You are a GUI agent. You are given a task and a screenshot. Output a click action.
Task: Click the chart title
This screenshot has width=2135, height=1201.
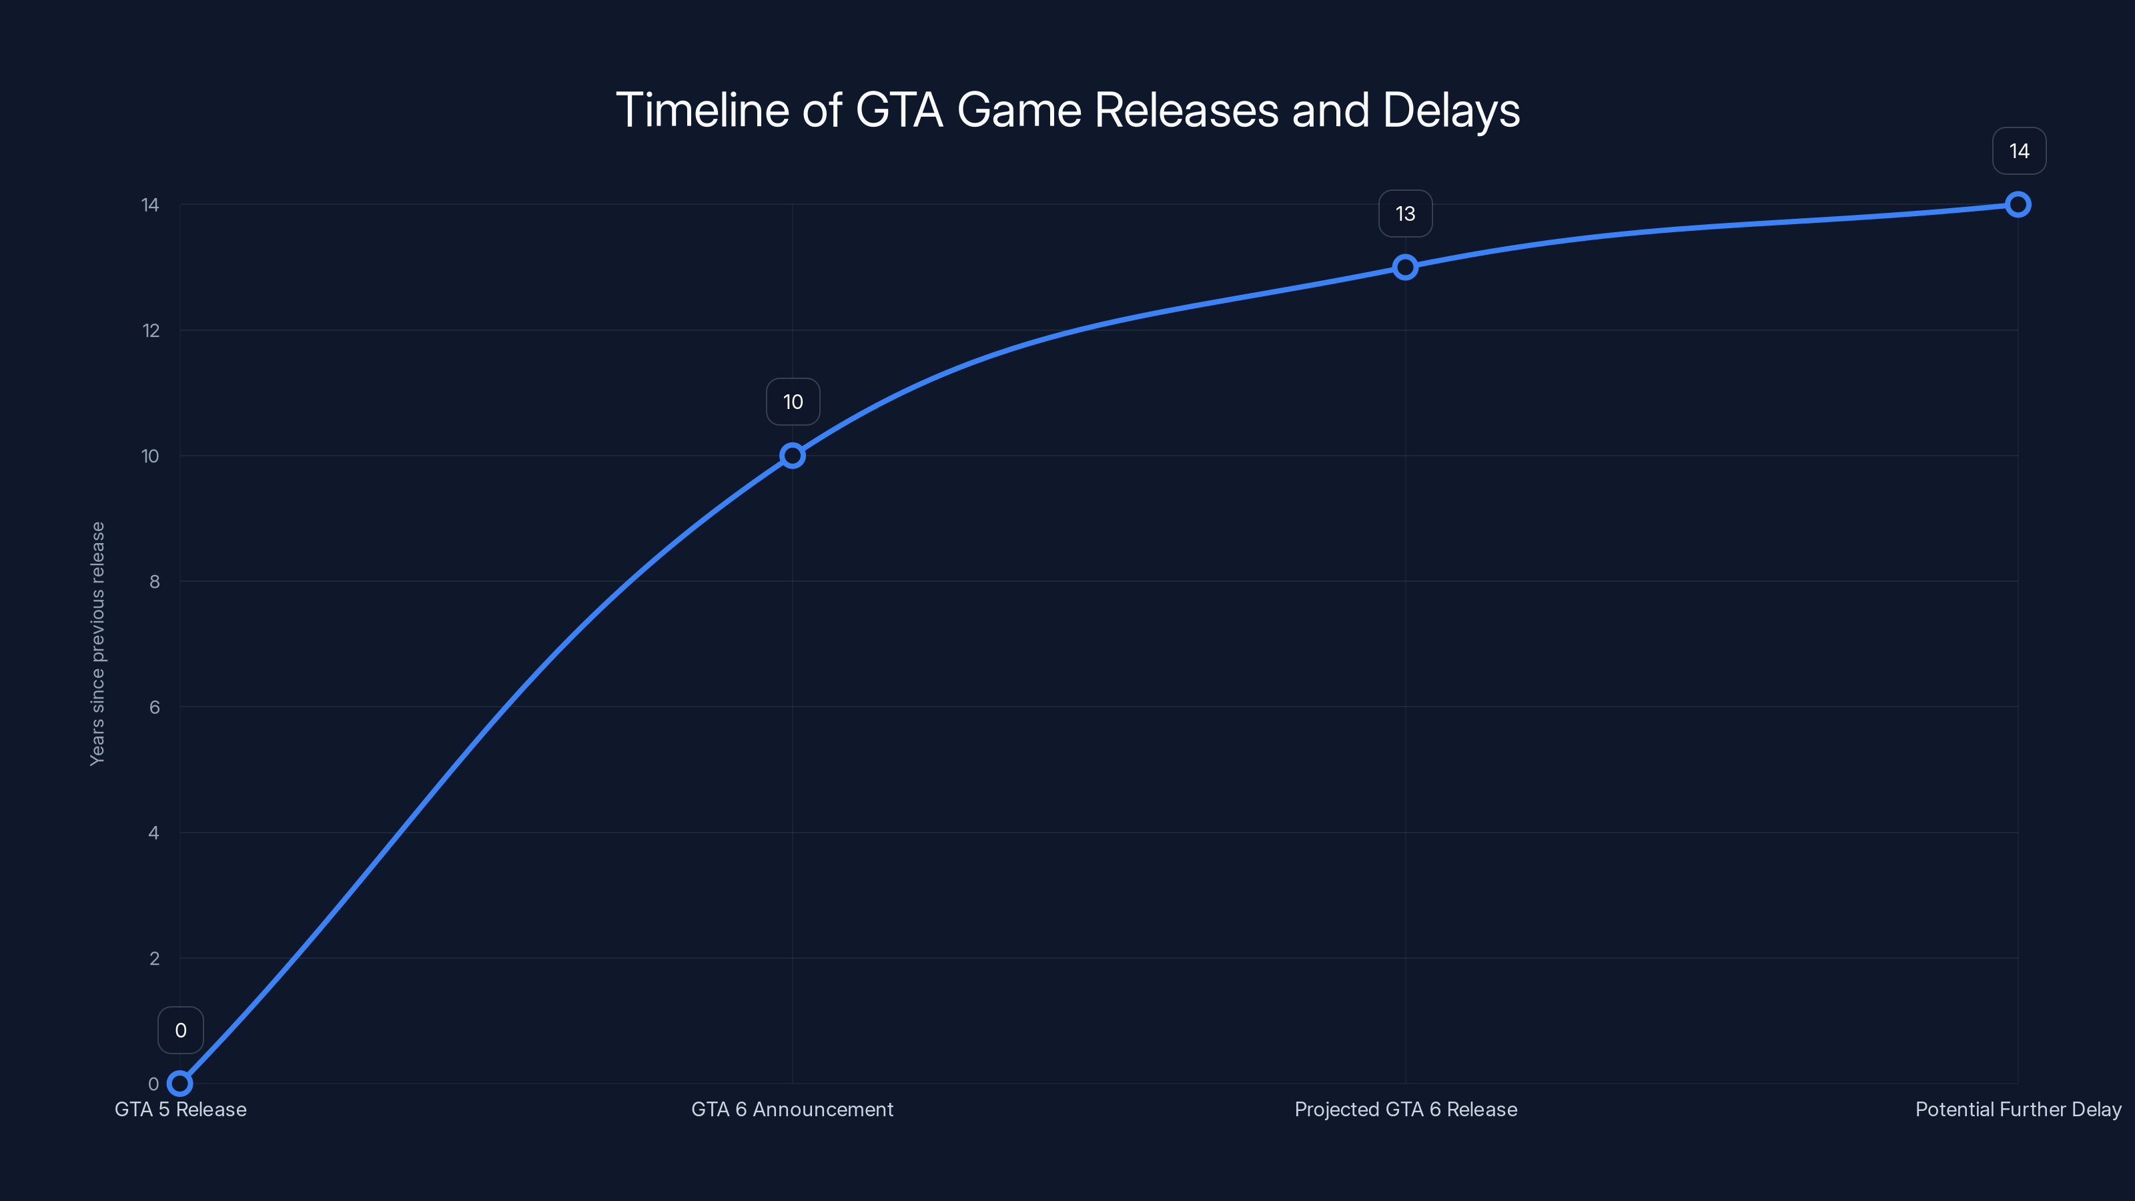[1067, 110]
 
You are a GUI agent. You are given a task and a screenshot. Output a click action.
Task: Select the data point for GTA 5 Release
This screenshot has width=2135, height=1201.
[180, 1084]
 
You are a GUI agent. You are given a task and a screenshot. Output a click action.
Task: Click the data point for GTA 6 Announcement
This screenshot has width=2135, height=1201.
[793, 456]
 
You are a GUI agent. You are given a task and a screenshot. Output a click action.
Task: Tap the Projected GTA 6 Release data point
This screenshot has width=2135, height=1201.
[1405, 267]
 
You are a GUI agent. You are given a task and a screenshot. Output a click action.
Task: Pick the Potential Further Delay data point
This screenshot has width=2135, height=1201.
[2018, 205]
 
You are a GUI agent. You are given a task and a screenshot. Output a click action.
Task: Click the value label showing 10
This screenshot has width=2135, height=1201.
[793, 402]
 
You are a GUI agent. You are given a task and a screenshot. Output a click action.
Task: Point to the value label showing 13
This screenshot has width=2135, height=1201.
[1405, 214]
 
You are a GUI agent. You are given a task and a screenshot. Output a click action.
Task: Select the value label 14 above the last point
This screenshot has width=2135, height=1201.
[2018, 151]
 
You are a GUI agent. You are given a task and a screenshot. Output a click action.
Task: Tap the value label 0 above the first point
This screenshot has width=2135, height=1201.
[181, 1030]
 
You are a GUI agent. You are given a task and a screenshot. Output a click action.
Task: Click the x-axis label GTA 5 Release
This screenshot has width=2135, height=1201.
[181, 1109]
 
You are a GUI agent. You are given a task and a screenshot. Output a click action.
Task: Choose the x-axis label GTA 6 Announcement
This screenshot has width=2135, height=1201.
[793, 1109]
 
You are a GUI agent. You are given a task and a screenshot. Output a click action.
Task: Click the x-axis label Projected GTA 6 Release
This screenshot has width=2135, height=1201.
[1406, 1109]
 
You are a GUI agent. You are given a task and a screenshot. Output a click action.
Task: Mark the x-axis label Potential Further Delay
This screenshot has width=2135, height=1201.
[2018, 1109]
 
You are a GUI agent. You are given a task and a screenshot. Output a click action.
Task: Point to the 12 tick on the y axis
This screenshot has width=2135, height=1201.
[151, 331]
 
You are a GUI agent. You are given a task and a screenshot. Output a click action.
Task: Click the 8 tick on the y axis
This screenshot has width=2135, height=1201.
[154, 582]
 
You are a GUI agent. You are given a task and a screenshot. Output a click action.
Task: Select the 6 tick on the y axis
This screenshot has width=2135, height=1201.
[154, 707]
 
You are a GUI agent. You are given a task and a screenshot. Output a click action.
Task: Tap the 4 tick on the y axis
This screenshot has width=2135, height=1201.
[154, 833]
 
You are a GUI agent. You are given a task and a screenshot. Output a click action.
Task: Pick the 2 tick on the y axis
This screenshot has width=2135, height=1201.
[154, 959]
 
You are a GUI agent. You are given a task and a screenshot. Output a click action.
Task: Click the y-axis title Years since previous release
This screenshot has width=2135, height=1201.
[98, 643]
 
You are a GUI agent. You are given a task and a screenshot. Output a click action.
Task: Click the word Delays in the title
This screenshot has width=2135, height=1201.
[1450, 110]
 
